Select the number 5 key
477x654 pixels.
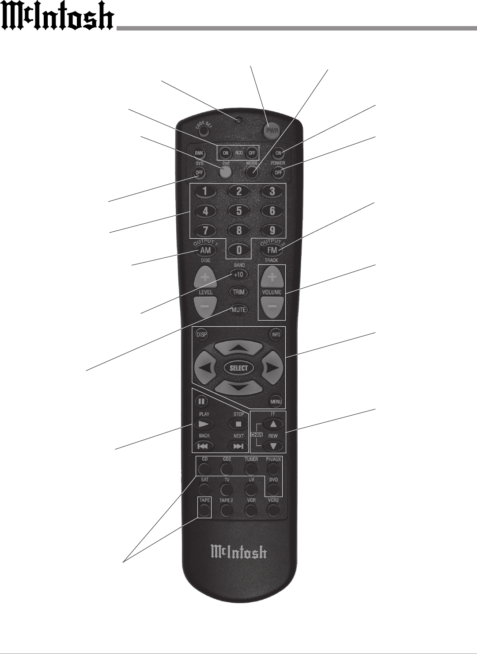point(239,211)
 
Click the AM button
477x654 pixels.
point(205,250)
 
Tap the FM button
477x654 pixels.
point(272,250)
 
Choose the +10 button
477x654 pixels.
point(239,275)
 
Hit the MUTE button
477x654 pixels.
point(239,310)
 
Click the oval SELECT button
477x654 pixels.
point(239,368)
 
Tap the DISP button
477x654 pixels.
point(201,335)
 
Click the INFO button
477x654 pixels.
point(276,335)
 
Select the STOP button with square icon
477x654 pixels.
point(238,424)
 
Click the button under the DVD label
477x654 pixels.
point(273,489)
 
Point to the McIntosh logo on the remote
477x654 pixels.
point(238,552)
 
